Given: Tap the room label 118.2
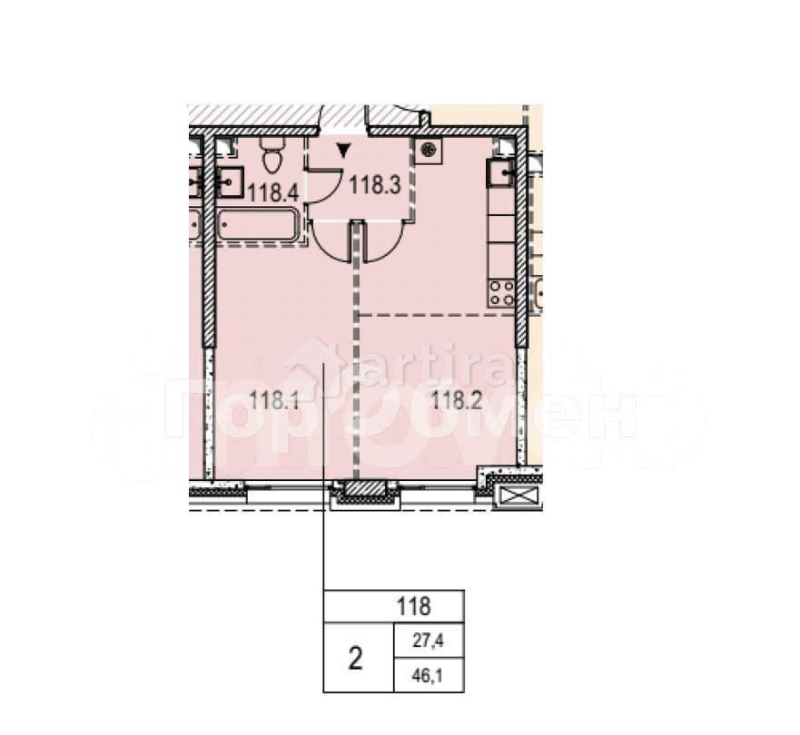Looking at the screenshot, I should [455, 399].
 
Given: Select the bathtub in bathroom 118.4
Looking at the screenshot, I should [258, 225].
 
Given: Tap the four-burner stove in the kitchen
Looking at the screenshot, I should [501, 292].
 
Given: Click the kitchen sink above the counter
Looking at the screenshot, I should [500, 171].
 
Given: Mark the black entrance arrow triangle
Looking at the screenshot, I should [342, 151].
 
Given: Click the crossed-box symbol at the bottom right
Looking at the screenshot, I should [519, 495].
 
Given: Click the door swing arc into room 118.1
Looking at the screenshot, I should [329, 243].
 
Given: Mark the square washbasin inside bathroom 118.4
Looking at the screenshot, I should [230, 181].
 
